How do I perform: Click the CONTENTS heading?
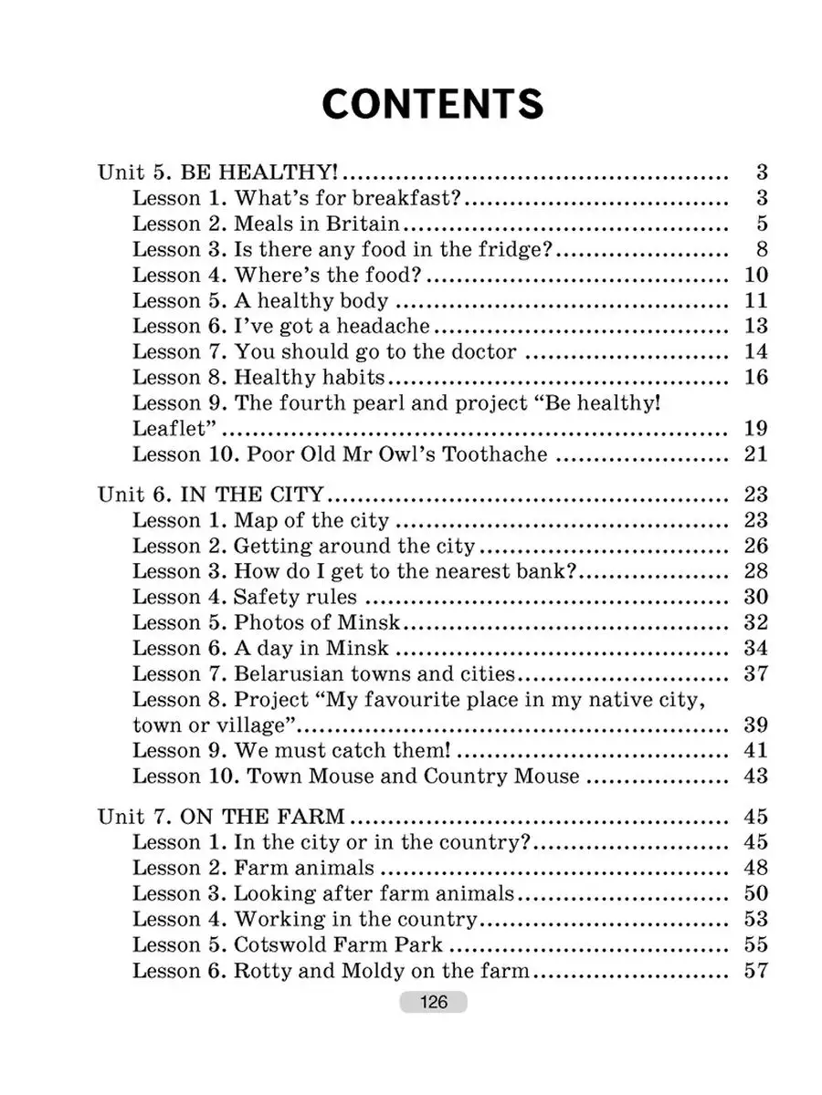(433, 105)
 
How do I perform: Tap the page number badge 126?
(433, 1002)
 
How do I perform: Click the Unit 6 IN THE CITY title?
(210, 495)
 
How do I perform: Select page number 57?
(756, 970)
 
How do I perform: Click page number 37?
(756, 674)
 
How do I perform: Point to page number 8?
(762, 249)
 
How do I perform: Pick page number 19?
(756, 429)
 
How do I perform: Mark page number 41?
(756, 751)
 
